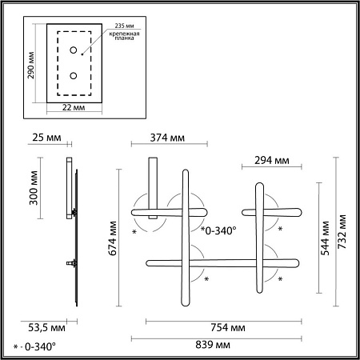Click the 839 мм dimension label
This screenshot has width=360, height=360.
click(x=213, y=345)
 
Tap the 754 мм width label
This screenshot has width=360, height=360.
click(x=228, y=327)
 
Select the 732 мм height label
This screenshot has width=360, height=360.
click(x=342, y=232)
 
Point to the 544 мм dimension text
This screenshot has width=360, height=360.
click(x=325, y=238)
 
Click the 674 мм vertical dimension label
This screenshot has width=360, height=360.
click(x=113, y=238)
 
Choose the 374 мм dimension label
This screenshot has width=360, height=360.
click(x=167, y=138)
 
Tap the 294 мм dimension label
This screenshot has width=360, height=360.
click(x=271, y=160)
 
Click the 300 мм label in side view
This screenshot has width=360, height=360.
click(x=34, y=188)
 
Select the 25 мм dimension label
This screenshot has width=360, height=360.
click(x=46, y=138)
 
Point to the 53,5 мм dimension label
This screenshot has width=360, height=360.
click(x=46, y=327)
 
